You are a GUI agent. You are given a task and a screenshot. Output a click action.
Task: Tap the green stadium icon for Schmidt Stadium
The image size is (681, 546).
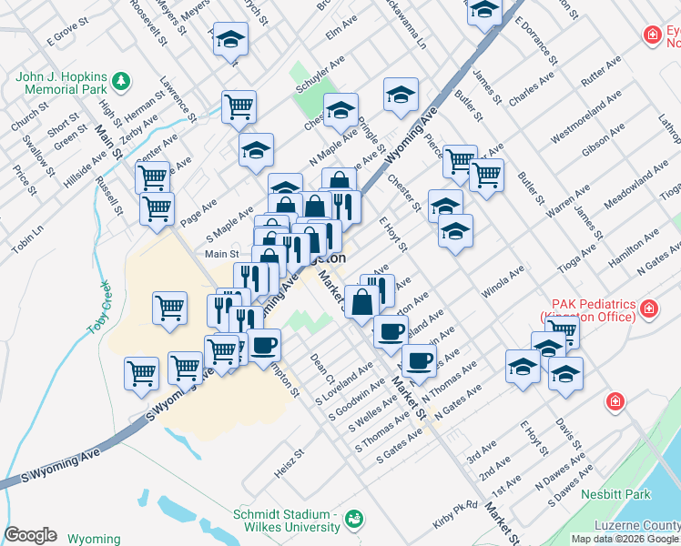tap(354, 520)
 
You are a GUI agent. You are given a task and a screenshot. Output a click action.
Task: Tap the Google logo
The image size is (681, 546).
tap(30, 535)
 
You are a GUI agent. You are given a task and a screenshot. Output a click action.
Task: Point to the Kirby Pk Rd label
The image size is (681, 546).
tap(456, 508)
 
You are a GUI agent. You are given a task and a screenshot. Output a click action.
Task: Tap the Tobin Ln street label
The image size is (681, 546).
tap(26, 241)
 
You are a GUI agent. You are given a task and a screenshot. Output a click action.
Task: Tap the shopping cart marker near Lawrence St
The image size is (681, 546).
tap(239, 106)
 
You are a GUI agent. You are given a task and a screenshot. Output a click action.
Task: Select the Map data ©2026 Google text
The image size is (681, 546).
tap(625, 539)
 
